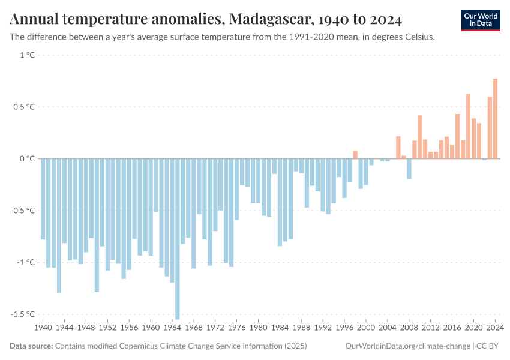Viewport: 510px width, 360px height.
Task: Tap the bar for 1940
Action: point(43,199)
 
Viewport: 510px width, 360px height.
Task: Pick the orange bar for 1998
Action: point(355,155)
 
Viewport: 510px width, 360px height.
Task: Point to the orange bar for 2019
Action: point(468,126)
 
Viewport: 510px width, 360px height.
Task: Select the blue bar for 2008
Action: point(409,169)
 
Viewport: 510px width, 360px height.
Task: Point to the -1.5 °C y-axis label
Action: point(23,314)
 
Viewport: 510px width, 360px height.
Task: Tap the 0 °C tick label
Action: point(28,159)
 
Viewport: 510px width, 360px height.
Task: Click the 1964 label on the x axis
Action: point(172,328)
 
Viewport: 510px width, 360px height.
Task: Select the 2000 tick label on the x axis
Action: point(366,328)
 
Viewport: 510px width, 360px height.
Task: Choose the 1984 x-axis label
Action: point(280,328)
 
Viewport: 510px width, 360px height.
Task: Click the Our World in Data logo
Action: point(481,20)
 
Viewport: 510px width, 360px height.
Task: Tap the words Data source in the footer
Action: point(31,346)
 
